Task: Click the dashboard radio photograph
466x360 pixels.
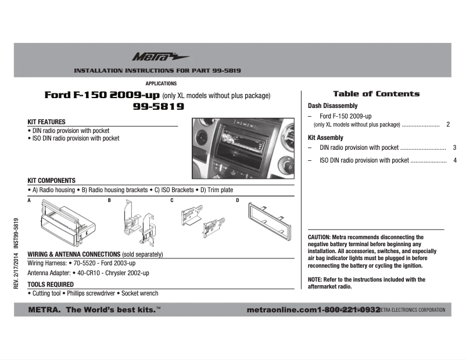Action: tap(240, 150)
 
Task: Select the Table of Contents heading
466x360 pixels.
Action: tap(376, 94)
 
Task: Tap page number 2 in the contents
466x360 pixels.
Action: tap(448, 124)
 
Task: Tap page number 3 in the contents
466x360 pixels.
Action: tap(454, 147)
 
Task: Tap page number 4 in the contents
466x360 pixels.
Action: tap(454, 160)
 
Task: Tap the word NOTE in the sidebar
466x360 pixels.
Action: tap(315, 279)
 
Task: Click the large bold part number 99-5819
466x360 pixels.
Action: tap(158, 107)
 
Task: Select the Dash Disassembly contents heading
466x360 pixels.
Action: tap(332, 106)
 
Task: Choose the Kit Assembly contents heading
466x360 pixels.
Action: tap(325, 138)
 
